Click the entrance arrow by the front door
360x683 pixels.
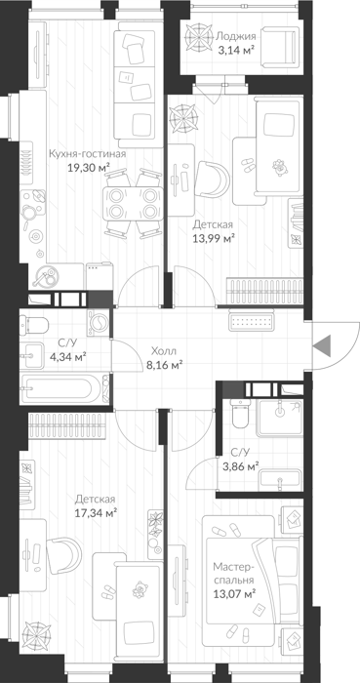(x=323, y=345)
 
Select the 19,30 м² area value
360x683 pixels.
(x=88, y=167)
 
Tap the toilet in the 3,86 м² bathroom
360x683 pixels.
(x=240, y=414)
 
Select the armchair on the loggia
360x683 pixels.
(x=282, y=47)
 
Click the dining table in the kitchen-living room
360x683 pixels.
(x=133, y=204)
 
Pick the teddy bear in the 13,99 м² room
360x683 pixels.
(x=279, y=167)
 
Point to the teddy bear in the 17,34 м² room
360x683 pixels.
(x=140, y=589)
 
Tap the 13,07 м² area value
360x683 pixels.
(x=234, y=593)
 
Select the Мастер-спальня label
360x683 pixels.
(x=233, y=574)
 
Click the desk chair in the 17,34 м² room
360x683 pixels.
(x=64, y=555)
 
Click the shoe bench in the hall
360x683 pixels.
(x=251, y=323)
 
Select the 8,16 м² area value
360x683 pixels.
(x=162, y=364)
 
